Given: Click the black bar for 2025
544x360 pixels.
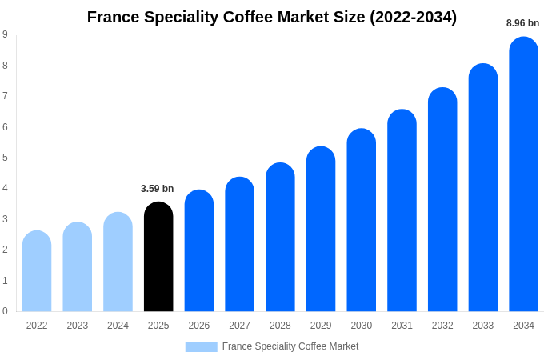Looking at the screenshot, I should tap(158, 258).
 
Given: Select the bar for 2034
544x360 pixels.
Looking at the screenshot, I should tap(523, 176).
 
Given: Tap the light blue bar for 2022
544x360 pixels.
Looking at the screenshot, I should tap(37, 272).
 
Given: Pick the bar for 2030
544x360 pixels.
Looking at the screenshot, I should tap(361, 221).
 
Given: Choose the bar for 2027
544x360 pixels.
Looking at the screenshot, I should tap(239, 245).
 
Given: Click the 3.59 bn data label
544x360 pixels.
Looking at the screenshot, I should tap(157, 189).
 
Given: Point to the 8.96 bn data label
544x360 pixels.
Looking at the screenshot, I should tap(522, 23).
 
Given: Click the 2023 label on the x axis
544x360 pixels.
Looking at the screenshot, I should tap(78, 326).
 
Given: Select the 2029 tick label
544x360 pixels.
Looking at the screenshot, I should tap(321, 326).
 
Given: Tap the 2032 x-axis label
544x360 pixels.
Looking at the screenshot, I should tap(442, 326).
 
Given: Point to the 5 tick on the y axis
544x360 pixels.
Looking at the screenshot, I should tap(5, 158).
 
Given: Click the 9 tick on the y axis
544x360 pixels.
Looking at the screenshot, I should tap(5, 34).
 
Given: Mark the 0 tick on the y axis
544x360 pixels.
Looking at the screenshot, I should tap(5, 311).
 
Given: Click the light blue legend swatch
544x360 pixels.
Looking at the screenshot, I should tap(201, 347).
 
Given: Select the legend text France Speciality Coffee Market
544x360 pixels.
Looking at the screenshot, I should tap(290, 346).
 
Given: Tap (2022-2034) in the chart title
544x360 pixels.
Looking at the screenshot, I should tap(413, 17).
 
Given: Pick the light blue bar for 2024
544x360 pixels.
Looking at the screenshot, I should tap(118, 262).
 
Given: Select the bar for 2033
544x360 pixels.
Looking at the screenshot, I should tap(482, 189).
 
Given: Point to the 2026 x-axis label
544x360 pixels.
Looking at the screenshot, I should tap(199, 326).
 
